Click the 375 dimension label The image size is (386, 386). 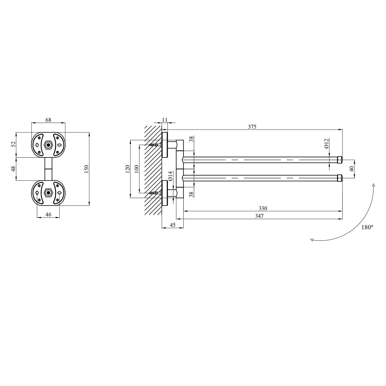tap(252, 127)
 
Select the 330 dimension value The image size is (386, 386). tap(263, 208)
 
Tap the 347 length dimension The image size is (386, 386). tap(259, 216)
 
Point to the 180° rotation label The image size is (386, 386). tap(367, 227)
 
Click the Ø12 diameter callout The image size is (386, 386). tap(326, 143)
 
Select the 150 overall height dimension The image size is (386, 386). tap(86, 169)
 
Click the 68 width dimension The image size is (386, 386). tap(48, 120)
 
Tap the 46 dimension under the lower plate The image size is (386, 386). tap(48, 215)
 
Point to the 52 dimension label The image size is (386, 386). tap(14, 144)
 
